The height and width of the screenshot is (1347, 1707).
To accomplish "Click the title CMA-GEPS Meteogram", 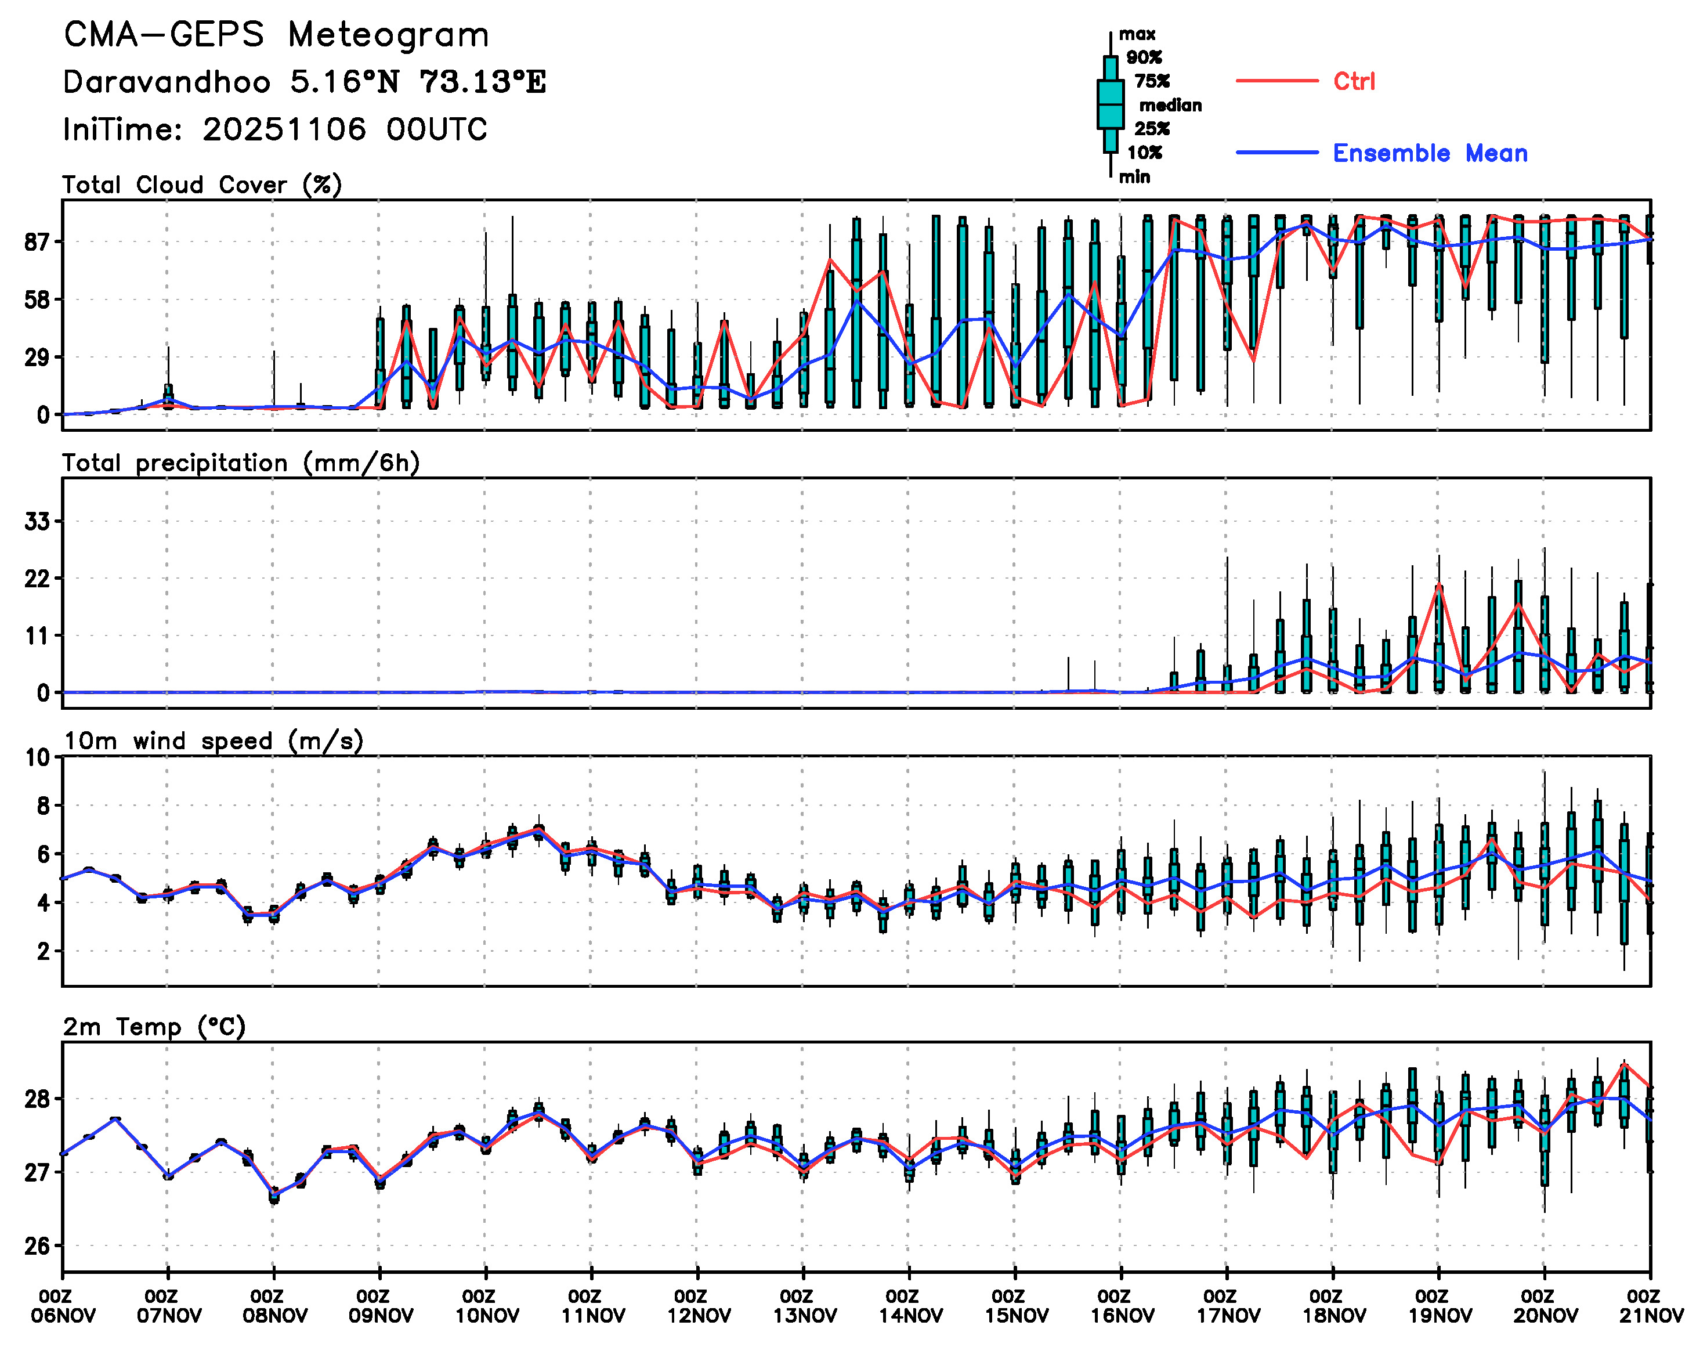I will [276, 35].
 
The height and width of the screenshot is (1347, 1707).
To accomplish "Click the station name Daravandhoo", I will [167, 82].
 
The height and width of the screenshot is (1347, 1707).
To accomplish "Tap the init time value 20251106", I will [284, 129].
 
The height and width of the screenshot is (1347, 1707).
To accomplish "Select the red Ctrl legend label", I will [1354, 81].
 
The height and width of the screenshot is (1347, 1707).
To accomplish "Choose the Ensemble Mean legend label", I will [1430, 153].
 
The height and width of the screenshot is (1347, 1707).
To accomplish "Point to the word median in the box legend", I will [1170, 105].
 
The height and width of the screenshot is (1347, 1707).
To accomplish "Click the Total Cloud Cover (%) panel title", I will [202, 185].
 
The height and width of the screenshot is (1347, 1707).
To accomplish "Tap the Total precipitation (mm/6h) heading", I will [240, 463].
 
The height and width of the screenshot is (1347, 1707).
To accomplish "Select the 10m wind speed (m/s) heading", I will [213, 741].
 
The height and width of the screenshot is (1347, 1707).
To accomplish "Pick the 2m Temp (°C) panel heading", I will [154, 1027].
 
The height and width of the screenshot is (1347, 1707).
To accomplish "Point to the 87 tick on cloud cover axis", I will [37, 242].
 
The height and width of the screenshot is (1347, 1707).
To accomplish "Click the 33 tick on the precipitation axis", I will [37, 521].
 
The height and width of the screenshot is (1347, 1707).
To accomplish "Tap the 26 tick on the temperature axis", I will [37, 1246].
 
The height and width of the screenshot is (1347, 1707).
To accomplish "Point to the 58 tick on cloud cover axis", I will [37, 299].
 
